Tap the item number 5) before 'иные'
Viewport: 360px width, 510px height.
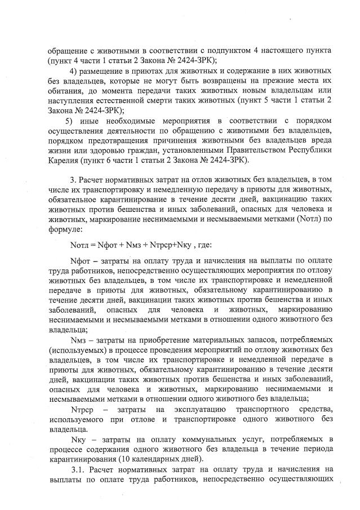point(69,120)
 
